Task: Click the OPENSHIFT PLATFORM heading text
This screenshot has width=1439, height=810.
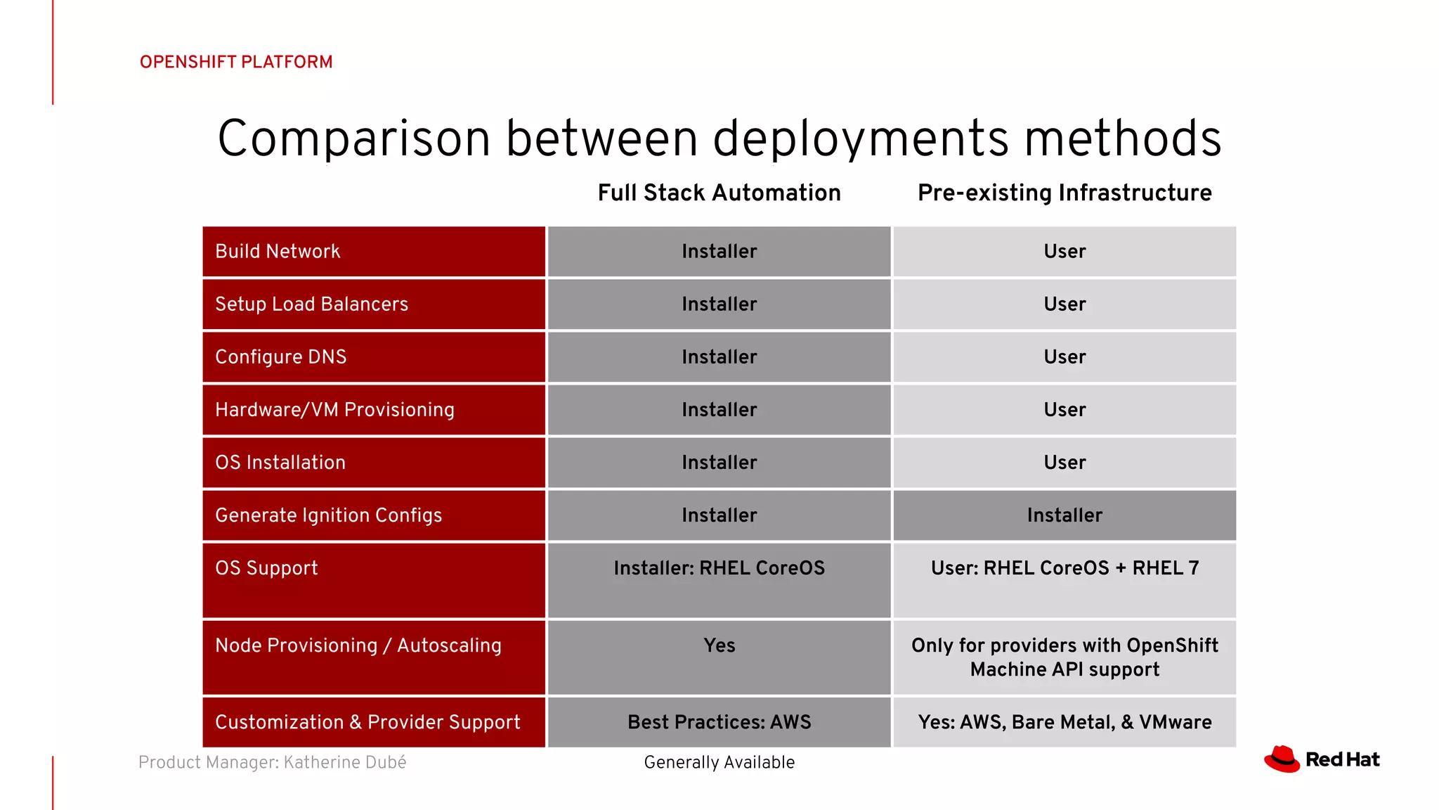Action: tap(236, 62)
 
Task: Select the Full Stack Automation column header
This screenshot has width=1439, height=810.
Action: tap(719, 193)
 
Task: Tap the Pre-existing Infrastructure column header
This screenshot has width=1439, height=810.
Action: tap(1064, 193)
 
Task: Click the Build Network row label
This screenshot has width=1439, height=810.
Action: tap(278, 251)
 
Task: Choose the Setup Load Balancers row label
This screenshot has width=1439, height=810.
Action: tap(311, 304)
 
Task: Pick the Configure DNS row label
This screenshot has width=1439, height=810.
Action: tap(280, 356)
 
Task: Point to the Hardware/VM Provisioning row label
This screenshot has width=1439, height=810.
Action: tap(334, 409)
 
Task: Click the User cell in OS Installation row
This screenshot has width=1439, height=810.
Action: tap(1064, 462)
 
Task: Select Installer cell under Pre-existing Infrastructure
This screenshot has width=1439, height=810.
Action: tap(1064, 515)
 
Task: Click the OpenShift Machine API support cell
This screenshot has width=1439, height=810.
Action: tap(1064, 657)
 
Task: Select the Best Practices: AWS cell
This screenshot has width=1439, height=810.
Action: tap(719, 722)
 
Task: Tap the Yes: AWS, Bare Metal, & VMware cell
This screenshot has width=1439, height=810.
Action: tap(1064, 722)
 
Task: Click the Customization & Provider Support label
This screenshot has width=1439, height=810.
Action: tap(367, 722)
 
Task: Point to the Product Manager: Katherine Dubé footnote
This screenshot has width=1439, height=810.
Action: tap(272, 762)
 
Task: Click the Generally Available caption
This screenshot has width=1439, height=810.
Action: tap(719, 762)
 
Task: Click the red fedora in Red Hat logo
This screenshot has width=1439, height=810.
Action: tap(1282, 759)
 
